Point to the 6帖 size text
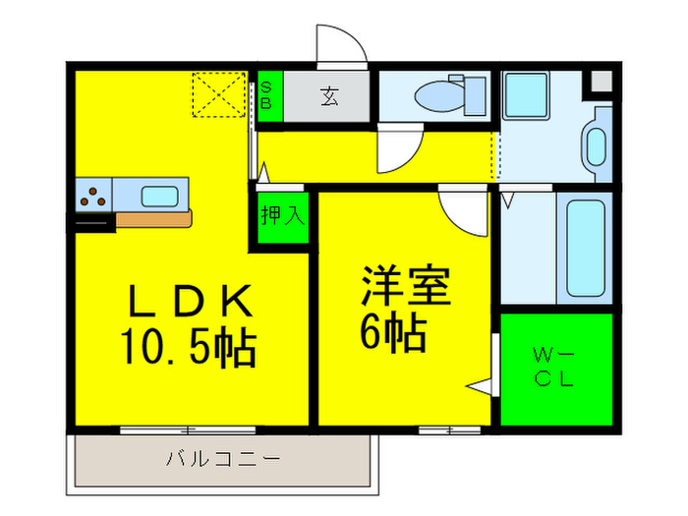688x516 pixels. [x=393, y=335]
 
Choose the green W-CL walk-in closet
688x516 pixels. [x=556, y=369]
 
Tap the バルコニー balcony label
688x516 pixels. [x=224, y=459]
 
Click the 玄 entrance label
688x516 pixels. [x=327, y=96]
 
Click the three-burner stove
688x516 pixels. [x=94, y=194]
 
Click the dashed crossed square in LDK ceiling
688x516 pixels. [x=218, y=93]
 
